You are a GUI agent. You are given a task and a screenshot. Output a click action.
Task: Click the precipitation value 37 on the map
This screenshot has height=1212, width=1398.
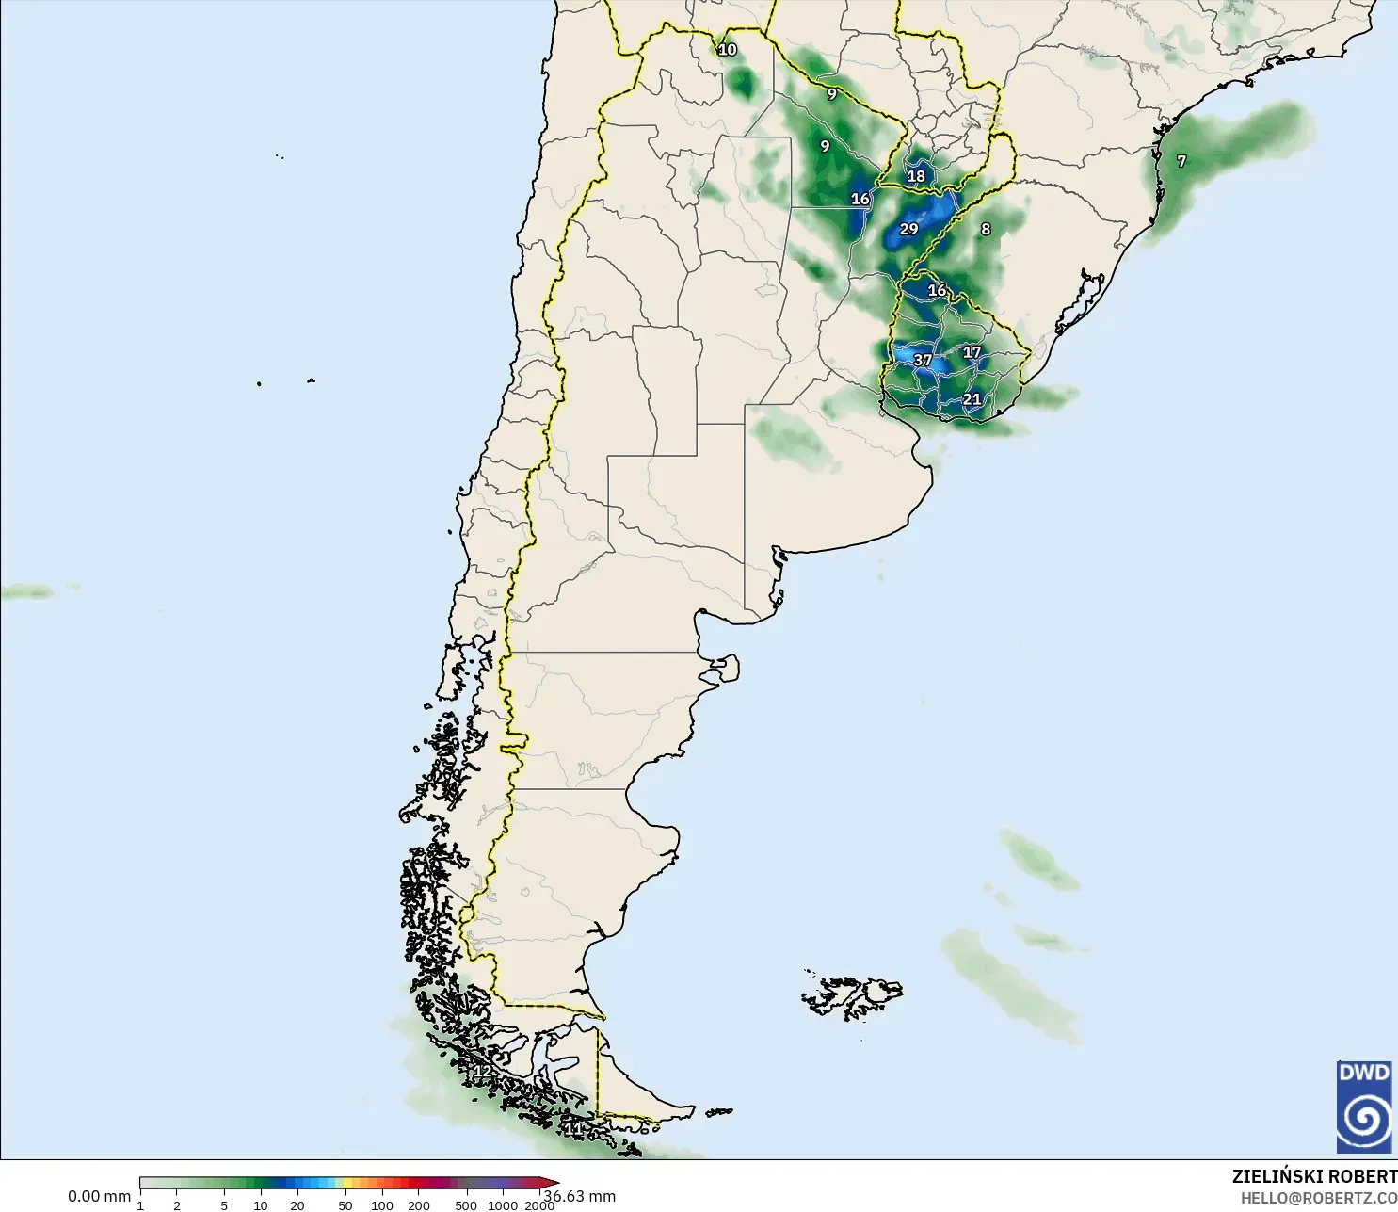coord(923,360)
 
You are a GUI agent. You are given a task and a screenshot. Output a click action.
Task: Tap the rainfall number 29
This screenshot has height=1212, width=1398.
coord(908,229)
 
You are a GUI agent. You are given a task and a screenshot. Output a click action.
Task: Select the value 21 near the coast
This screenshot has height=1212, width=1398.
coord(972,399)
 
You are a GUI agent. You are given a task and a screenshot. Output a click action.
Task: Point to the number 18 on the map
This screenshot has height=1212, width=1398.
coord(916,176)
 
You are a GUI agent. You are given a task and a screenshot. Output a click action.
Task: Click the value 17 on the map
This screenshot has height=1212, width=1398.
coord(972,352)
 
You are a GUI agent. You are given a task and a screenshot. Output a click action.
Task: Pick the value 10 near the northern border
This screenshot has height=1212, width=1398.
coord(728,49)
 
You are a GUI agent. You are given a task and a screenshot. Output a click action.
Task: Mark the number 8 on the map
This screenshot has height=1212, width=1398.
coord(986,229)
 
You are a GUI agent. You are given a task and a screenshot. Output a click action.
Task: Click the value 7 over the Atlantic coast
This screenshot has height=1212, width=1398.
coord(1181,161)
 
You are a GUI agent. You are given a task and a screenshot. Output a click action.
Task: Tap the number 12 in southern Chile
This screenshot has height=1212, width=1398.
coord(482,1072)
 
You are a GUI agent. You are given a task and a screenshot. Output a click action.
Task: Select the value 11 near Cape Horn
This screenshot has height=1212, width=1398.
coord(572,1128)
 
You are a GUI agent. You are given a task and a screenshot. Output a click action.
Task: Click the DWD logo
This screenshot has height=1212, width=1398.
coord(1364,1107)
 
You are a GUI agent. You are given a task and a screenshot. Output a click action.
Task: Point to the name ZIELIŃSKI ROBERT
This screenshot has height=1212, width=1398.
coord(1314,1176)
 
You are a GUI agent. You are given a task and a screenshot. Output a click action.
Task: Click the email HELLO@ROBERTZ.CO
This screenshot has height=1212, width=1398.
coord(1318,1198)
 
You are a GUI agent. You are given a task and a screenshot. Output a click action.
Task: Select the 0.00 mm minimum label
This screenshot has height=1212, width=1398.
coord(99,1196)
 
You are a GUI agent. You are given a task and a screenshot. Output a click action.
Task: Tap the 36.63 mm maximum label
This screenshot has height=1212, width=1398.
coord(580,1196)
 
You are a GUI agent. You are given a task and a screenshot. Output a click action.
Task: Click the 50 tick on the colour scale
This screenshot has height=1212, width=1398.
coord(345,1204)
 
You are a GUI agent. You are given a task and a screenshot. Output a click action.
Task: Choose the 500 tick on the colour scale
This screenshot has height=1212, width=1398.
coord(465,1204)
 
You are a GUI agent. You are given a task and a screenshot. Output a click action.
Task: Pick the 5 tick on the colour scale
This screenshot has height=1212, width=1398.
coord(224,1204)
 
